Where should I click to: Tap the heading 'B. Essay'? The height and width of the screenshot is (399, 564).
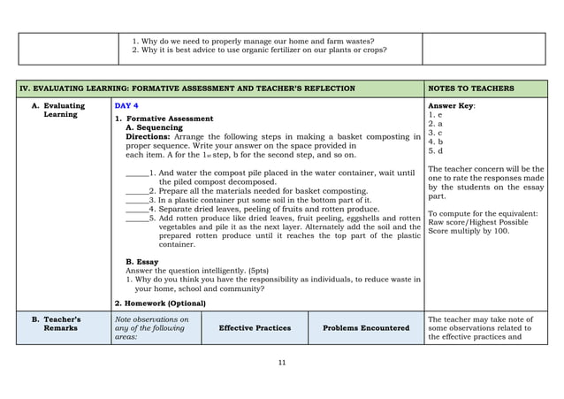142,262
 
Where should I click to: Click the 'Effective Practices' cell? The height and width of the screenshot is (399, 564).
255,328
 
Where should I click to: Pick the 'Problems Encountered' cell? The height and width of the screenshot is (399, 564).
366,328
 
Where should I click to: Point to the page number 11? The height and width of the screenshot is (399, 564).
282,363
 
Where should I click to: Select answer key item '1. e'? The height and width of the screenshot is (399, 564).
434,115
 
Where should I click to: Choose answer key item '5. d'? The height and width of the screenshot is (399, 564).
434,150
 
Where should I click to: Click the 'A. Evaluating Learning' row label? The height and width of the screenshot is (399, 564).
64,110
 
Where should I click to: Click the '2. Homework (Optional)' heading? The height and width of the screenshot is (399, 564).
160,303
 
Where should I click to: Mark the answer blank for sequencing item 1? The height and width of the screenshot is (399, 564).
136,173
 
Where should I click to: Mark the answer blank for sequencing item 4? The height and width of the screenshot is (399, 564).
136,209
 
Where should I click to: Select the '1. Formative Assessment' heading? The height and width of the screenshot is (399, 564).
164,119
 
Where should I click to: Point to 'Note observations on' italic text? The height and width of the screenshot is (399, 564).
152,319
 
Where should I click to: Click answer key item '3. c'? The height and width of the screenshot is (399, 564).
434,133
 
